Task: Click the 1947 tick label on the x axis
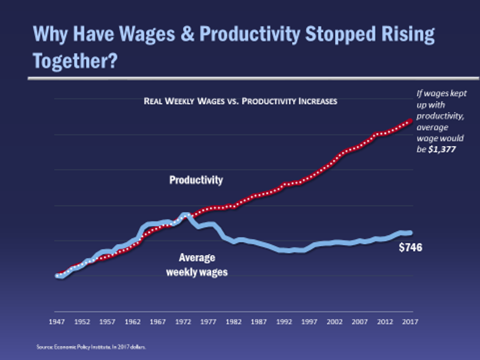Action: click(58, 322)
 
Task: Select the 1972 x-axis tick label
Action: click(183, 322)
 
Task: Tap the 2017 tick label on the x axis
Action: click(410, 322)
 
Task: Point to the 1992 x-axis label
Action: click(284, 322)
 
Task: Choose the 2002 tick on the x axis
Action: click(335, 322)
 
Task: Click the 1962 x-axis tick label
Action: click(133, 322)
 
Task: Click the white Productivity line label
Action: click(196, 180)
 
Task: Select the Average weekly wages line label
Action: click(197, 265)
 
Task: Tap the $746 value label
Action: click(410, 248)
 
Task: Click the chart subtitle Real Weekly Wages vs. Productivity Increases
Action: click(240, 101)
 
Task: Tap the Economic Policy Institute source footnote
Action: click(91, 347)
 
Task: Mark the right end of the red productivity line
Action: click(411, 120)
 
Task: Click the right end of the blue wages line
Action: click(410, 233)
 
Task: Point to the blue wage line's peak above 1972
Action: click(185, 215)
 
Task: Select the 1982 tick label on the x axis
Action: click(234, 322)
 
